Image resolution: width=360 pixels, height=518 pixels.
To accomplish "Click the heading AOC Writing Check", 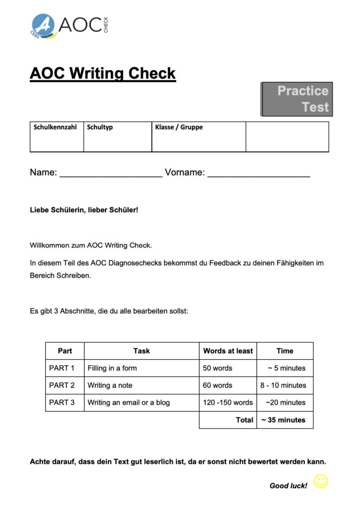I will click(x=103, y=73).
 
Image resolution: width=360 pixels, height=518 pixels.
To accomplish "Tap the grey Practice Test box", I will click(x=297, y=99).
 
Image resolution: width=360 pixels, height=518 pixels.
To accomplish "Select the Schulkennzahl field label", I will click(x=55, y=127).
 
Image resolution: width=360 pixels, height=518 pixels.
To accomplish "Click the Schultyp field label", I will click(x=100, y=127).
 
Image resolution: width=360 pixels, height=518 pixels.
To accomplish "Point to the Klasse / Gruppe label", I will click(x=179, y=127).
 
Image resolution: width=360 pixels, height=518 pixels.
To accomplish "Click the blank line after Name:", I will click(x=111, y=174).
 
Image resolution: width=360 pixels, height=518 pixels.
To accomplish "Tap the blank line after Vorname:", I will click(x=259, y=174).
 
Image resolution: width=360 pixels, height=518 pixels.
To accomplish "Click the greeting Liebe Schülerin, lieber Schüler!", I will click(x=84, y=209).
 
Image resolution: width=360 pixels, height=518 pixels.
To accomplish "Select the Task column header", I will click(x=142, y=351).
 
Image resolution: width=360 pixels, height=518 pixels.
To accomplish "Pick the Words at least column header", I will click(x=228, y=351).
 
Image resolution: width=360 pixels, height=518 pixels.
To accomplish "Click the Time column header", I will click(x=285, y=351).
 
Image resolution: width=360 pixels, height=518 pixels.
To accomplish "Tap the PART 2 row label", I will click(x=62, y=385).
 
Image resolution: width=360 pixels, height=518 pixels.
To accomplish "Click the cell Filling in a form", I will click(x=112, y=368).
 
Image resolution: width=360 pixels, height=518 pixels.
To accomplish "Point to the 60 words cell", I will click(x=218, y=385).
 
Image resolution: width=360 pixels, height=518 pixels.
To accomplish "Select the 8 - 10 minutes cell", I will click(x=284, y=385).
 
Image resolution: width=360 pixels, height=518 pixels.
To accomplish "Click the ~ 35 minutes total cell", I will click(x=284, y=420).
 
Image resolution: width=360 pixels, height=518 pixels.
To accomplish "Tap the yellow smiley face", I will click(x=321, y=481).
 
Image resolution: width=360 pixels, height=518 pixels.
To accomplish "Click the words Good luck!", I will click(x=288, y=486).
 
